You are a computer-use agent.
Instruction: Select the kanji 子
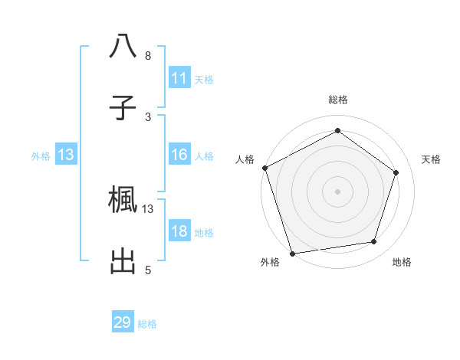[123, 107]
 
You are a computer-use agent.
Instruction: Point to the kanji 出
[123, 260]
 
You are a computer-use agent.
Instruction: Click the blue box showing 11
[179, 78]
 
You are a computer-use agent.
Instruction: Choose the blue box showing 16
[179, 155]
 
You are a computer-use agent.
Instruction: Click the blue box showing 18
[179, 231]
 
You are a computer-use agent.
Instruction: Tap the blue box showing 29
[123, 322]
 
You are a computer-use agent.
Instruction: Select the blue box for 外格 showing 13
[66, 155]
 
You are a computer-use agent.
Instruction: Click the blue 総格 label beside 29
[148, 324]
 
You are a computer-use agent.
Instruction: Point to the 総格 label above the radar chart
[338, 100]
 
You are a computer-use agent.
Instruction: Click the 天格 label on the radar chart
[432, 159]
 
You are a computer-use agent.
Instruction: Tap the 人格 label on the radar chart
[245, 159]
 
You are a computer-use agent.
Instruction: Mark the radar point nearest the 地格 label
[374, 242]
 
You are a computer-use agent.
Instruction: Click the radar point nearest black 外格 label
[292, 253]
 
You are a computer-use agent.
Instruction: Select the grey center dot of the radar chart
[337, 191]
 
